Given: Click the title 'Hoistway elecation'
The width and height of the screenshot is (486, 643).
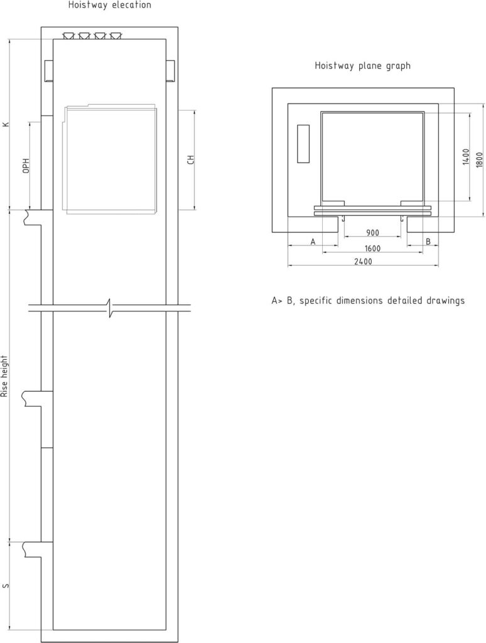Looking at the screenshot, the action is pos(109,5).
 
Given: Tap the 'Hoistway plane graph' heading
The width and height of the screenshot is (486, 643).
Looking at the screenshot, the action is pos(362,65).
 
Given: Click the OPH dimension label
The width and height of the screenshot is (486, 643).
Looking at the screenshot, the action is pos(26,165).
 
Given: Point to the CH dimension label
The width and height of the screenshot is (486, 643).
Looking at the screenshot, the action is pos(191,159).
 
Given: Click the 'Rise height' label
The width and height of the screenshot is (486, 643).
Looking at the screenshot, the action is pos(5,376).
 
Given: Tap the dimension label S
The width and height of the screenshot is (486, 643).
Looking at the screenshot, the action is pos(5,586).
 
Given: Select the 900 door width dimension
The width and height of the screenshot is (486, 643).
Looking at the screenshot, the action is pos(372,233).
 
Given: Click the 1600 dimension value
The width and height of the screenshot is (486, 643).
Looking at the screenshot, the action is pos(372,248).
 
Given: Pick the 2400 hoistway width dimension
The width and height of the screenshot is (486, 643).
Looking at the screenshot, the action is pos(363,261).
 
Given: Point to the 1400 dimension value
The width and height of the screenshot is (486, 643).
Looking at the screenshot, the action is pos(466,157).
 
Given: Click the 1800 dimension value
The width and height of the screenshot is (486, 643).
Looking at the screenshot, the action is pos(480,159).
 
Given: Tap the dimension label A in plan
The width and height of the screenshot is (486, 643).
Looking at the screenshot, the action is pos(313,242).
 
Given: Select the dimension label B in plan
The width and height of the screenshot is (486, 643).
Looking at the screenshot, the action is pos(428,242).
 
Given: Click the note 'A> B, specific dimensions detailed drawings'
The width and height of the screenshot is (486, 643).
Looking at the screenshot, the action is pos(368,301).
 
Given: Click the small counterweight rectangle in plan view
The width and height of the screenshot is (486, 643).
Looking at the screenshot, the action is pos(303,144).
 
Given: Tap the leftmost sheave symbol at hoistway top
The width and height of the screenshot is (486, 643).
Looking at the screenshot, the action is pos(68,36).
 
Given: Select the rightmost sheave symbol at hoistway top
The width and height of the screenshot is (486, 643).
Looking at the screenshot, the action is pos(116,36).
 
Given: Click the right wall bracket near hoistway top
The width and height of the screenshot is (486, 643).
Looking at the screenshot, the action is pos(171,71).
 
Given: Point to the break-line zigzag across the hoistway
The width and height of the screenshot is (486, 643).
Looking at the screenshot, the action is pos(109,308).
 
